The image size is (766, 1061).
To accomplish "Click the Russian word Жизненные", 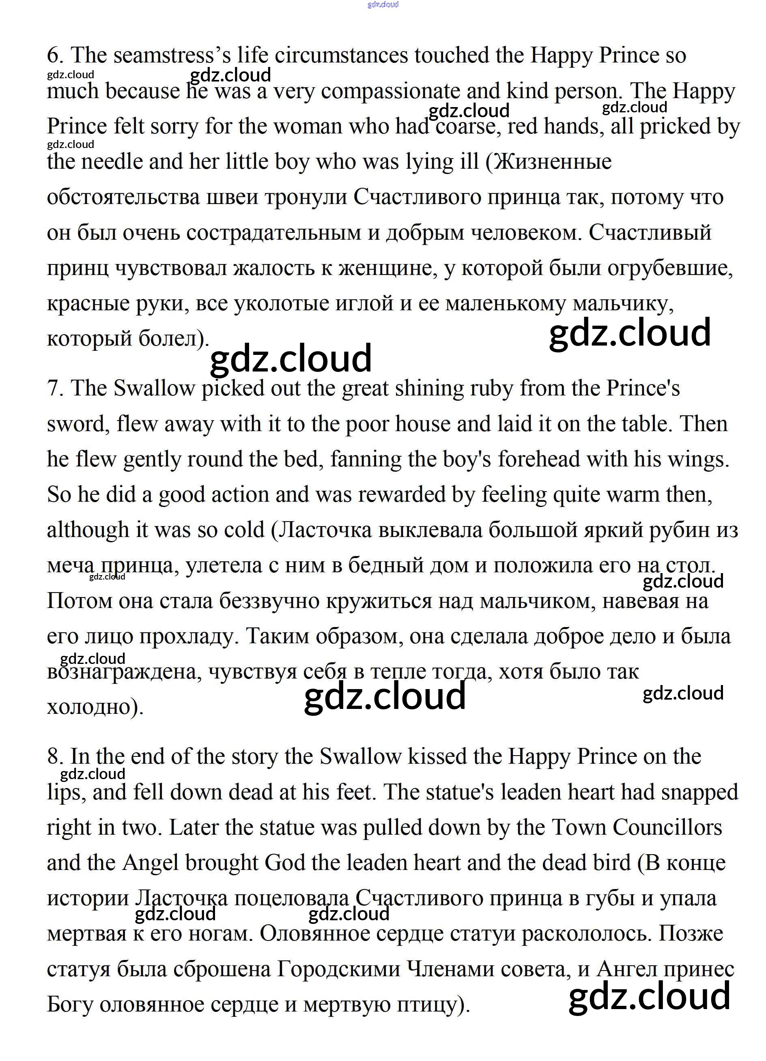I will tap(553, 162).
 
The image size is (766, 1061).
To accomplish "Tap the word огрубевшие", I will tap(669, 268).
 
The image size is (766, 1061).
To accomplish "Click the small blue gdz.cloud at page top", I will tap(383, 5).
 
